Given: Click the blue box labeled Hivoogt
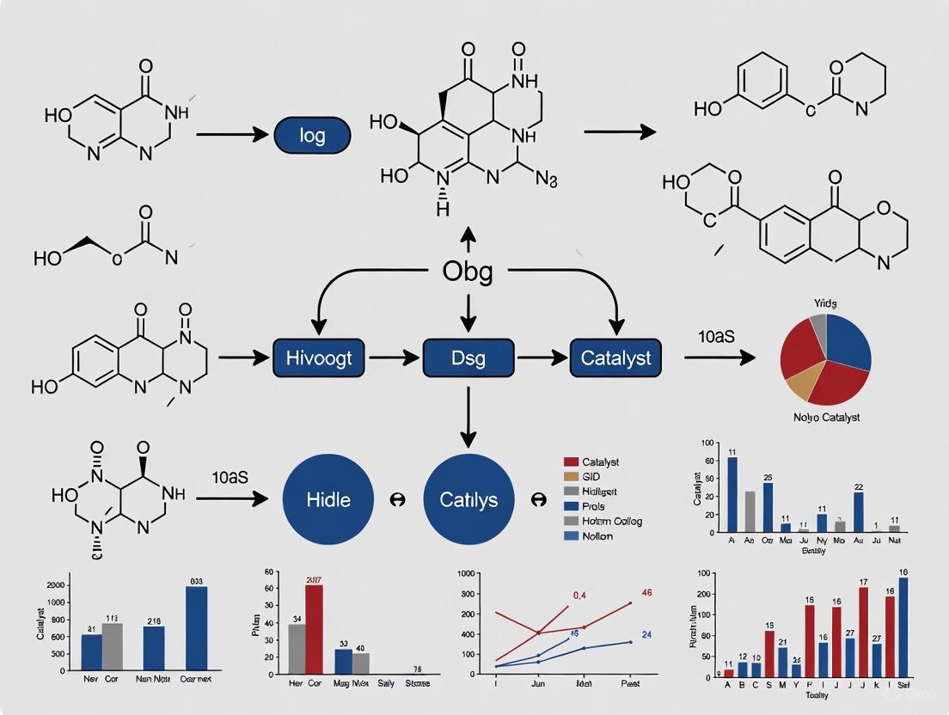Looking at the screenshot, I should tap(318, 357).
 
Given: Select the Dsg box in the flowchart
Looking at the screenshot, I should tap(468, 357).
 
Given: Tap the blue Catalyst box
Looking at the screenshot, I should tap(615, 357).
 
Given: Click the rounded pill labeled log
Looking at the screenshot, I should tap(312, 136).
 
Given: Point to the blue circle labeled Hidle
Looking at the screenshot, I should tap(328, 499).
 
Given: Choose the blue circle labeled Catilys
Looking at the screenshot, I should tap(468, 499).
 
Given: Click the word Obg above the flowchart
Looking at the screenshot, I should tap(468, 272).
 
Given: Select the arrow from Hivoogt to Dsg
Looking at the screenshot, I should tap(394, 357).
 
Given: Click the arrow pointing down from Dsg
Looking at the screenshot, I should tap(468, 417).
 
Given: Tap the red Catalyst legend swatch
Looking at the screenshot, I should tap(569, 462).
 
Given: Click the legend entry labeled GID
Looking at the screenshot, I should tap(593, 477).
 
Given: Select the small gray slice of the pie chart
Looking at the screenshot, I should tap(817, 327).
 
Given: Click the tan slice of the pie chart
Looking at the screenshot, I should tap(800, 384).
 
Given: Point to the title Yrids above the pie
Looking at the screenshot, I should tap(826, 303).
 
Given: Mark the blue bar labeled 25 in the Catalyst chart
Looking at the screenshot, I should tap(768, 507).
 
